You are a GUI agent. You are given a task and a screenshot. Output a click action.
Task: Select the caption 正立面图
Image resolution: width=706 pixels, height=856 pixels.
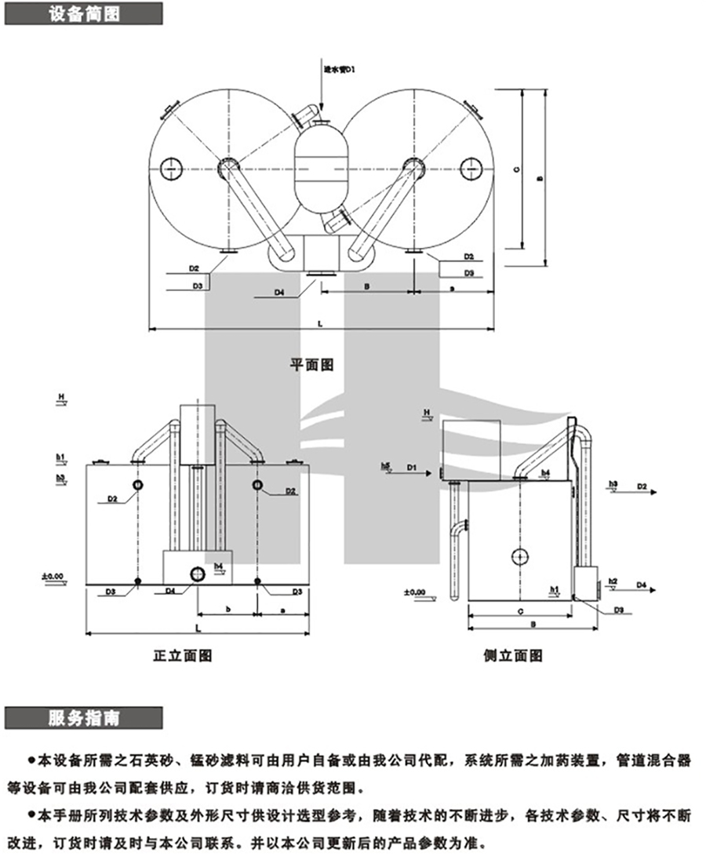182,654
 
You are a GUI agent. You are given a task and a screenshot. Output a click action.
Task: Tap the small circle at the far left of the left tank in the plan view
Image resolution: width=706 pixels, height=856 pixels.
171,168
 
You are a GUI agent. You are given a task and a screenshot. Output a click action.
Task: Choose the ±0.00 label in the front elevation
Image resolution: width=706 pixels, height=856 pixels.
53,577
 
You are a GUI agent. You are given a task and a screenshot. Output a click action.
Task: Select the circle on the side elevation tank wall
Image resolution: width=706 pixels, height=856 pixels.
519,556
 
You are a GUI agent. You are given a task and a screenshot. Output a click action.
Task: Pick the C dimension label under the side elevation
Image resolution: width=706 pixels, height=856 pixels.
520,610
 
